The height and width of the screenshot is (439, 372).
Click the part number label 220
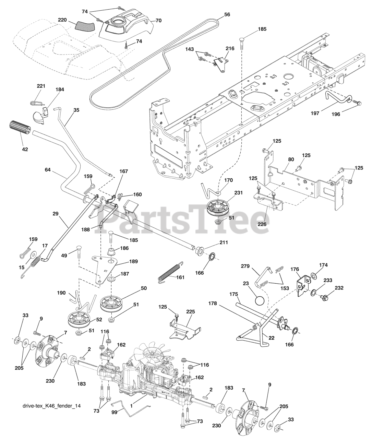click(x=62, y=20)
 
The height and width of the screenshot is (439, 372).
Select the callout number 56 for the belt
click(x=227, y=15)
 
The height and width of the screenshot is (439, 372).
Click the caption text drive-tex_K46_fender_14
click(x=51, y=406)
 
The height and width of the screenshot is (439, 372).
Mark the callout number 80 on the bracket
click(x=281, y=159)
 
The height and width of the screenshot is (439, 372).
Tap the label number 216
click(x=230, y=49)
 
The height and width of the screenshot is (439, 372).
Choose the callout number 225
click(x=190, y=312)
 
